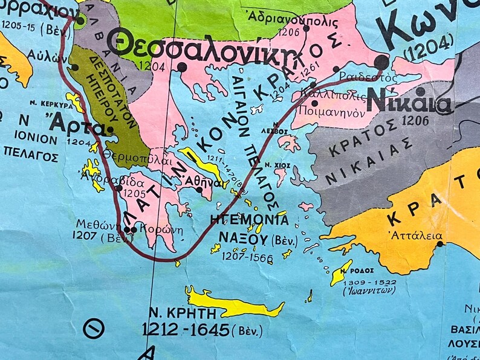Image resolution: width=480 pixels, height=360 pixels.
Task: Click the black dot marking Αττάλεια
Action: [440, 244]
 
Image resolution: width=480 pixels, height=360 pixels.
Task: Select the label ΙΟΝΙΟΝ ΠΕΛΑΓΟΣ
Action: [30, 149]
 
